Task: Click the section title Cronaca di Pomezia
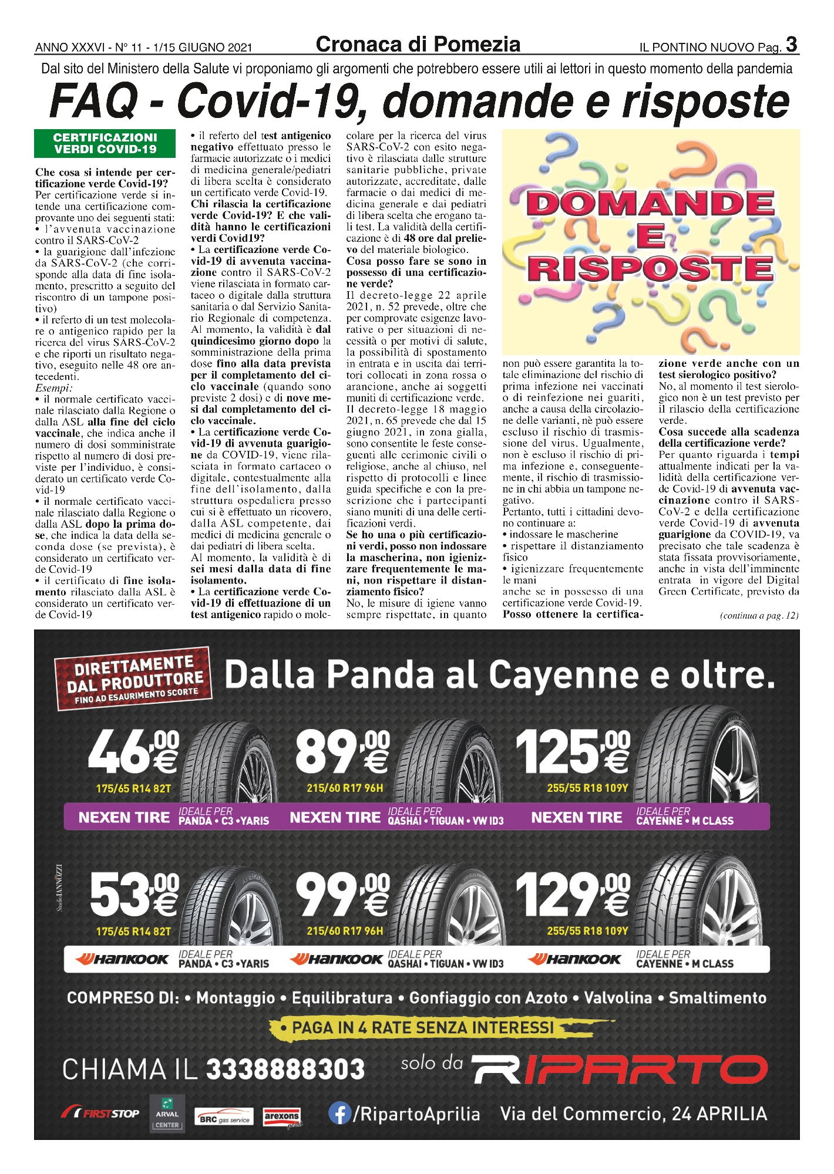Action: (418, 45)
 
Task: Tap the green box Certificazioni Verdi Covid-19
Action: (105, 144)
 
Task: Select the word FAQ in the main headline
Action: (93, 101)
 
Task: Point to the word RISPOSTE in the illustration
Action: (651, 269)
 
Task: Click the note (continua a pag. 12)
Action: (759, 616)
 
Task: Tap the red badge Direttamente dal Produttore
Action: (133, 679)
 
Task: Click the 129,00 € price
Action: (573, 895)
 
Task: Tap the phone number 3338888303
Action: (285, 1070)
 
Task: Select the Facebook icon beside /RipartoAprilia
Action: (339, 1114)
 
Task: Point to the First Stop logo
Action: (100, 1114)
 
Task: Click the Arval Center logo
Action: (167, 1113)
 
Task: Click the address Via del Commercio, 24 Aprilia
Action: (634, 1114)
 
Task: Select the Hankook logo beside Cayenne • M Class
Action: (574, 960)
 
